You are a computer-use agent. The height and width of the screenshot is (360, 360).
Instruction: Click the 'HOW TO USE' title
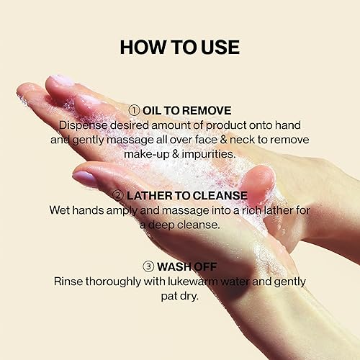[179, 47]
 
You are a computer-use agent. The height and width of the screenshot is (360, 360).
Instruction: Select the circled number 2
[117, 195]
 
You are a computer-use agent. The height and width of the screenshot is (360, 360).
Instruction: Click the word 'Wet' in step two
[60, 210]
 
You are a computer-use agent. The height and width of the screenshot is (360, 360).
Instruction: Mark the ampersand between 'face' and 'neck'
[215, 139]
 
